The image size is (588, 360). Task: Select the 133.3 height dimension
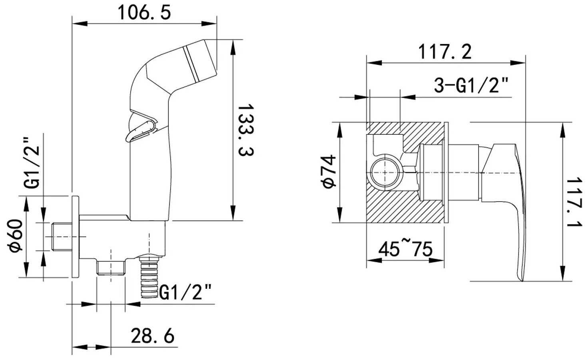click(245, 130)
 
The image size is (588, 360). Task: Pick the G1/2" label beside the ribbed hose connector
click(185, 292)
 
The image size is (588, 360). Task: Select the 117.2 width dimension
click(444, 52)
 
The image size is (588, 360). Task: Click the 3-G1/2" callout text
click(472, 85)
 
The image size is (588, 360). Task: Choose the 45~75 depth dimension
click(405, 249)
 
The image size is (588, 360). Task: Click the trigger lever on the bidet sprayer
click(140, 128)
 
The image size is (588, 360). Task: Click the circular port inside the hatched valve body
click(385, 172)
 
